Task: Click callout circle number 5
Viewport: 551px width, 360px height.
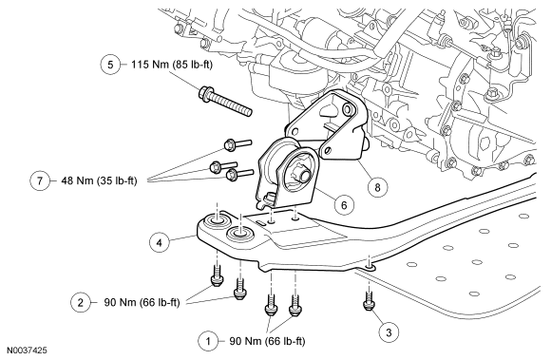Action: (110, 65)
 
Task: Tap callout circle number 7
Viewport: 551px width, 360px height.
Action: (40, 180)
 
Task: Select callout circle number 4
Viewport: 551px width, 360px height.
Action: (160, 242)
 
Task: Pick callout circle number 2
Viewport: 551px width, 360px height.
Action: (81, 302)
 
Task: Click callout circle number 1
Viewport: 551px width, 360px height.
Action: (208, 341)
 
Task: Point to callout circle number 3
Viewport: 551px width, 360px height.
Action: (389, 332)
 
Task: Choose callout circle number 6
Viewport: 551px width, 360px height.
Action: (344, 204)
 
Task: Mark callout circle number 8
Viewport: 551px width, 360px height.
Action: (377, 187)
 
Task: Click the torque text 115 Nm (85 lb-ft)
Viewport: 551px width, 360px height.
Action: (172, 65)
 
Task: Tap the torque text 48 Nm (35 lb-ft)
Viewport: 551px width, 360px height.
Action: (99, 180)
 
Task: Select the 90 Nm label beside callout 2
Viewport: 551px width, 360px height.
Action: (142, 302)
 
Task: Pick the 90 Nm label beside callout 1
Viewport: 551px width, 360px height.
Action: (267, 341)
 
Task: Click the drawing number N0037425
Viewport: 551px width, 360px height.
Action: (27, 351)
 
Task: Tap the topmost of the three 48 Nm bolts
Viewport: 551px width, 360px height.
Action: (237, 143)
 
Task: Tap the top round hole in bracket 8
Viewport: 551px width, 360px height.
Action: (349, 107)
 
